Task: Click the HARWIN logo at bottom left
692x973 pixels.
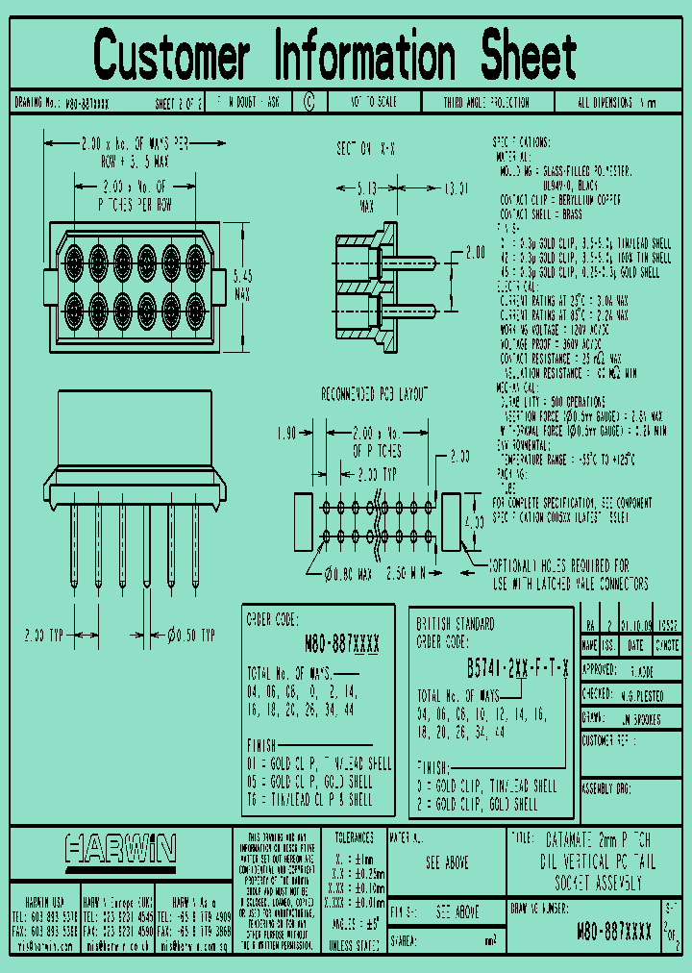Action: click(x=121, y=848)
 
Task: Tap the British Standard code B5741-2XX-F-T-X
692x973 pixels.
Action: click(x=518, y=668)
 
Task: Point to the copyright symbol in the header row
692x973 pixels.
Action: click(x=309, y=102)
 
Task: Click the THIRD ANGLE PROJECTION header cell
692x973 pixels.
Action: click(x=485, y=102)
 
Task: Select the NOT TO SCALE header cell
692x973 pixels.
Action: click(x=373, y=102)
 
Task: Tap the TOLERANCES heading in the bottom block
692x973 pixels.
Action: click(x=354, y=838)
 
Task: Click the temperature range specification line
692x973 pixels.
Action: click(x=565, y=461)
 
